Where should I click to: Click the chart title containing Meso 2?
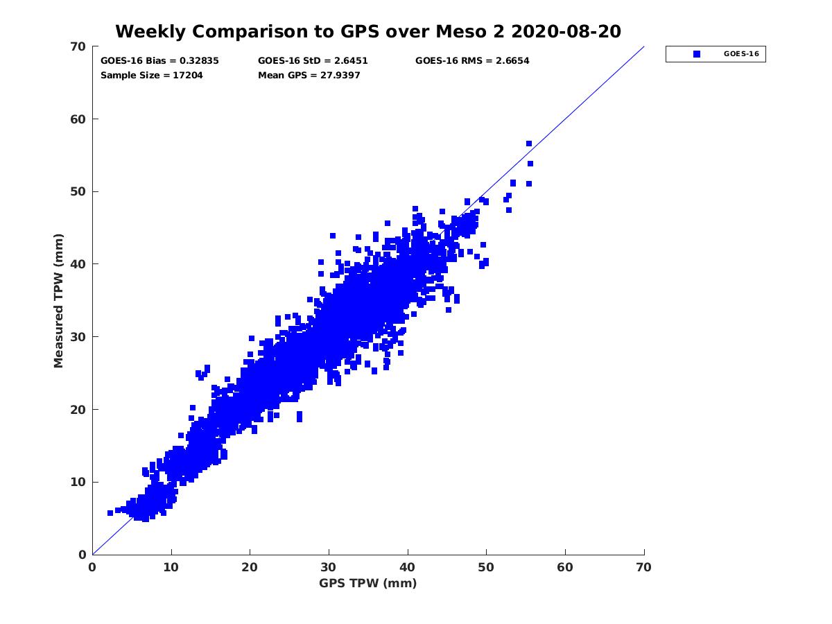pos(367,31)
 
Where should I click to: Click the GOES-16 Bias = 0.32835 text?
pos(159,60)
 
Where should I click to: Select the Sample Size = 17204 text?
pos(152,75)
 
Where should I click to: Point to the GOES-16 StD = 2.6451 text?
pos(313,60)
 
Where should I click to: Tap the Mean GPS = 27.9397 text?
pos(309,75)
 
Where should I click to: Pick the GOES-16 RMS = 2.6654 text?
pos(472,60)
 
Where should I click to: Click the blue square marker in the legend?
pos(697,54)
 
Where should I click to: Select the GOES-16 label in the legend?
pos(740,54)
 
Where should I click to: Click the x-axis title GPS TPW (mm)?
pos(368,583)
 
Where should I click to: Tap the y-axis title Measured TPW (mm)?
pos(59,300)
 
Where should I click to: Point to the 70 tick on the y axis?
pos(78,46)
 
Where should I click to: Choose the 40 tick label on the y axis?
pos(78,264)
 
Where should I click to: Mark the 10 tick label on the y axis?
pos(78,482)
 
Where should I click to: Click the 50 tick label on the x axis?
pos(487,567)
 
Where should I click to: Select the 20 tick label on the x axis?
pos(250,567)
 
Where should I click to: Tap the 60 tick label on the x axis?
pos(566,567)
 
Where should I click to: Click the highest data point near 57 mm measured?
pos(529,144)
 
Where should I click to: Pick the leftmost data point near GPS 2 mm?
pos(110,513)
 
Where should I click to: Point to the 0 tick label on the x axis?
pos(92,567)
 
